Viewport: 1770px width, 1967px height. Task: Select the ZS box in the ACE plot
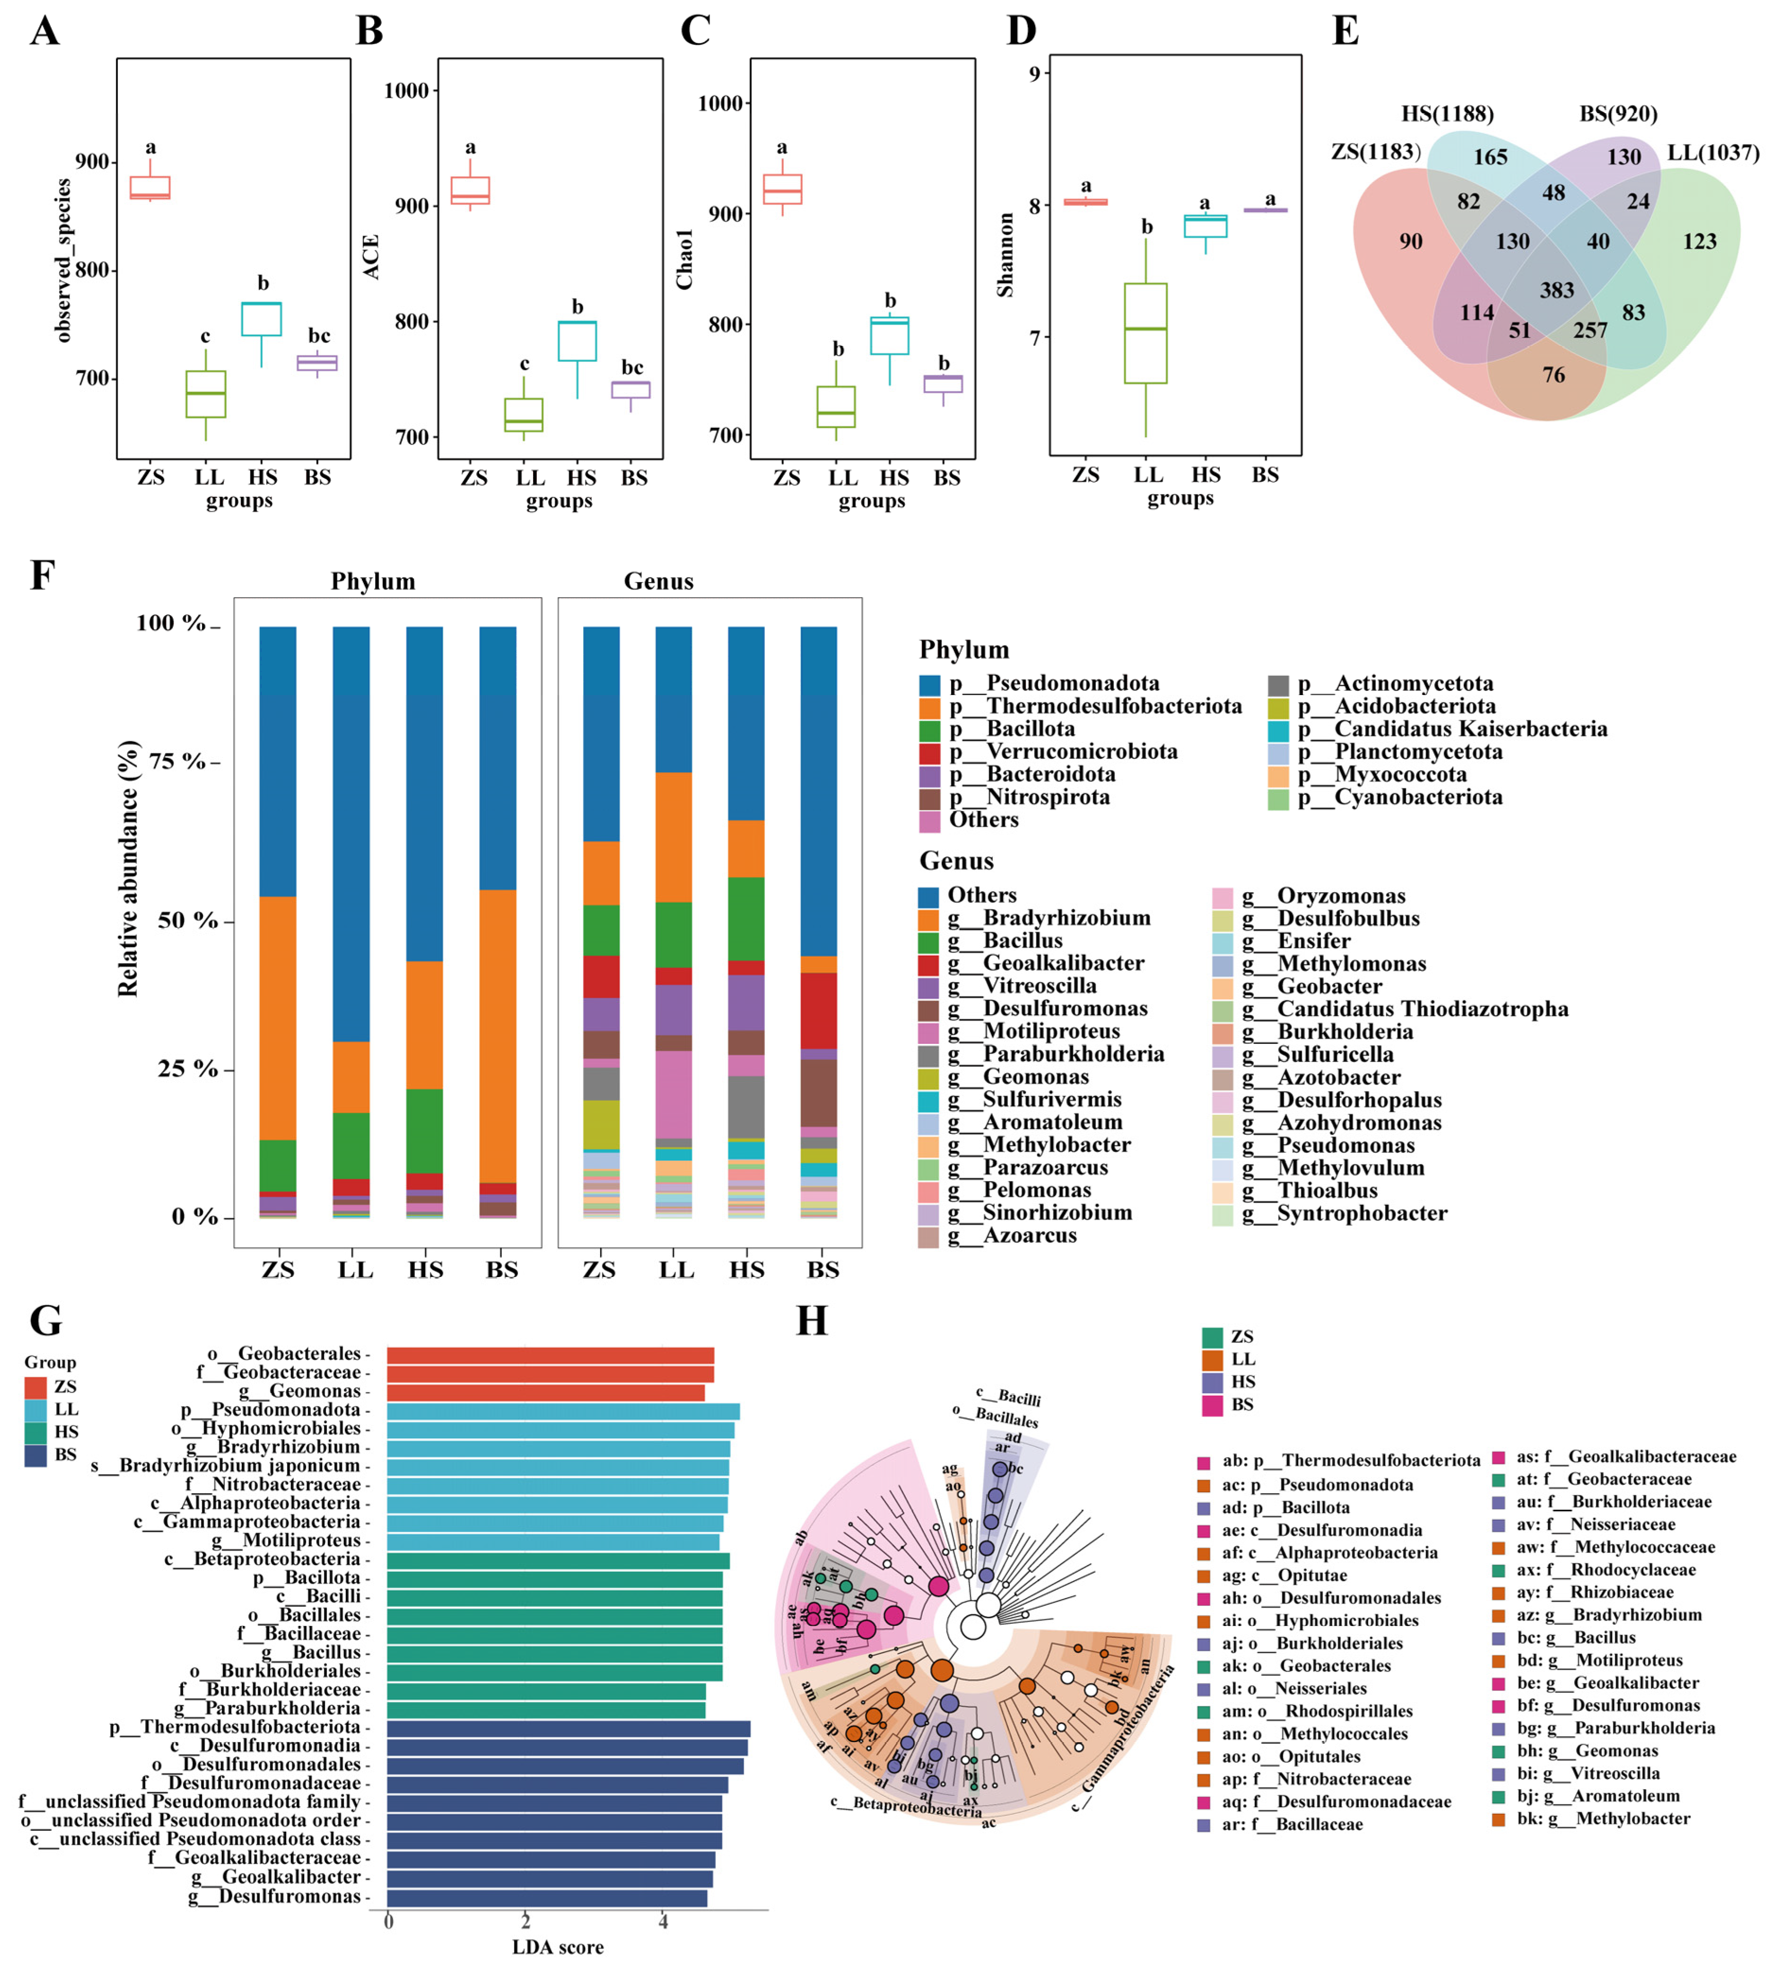(470, 191)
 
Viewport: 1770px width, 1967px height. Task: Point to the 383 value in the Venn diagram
(1556, 290)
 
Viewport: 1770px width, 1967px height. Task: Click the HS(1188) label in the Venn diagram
(1447, 114)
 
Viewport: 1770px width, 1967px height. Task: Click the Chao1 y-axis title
(684, 260)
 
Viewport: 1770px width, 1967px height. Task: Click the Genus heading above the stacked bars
(658, 582)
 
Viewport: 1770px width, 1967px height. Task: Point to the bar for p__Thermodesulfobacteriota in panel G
(568, 1728)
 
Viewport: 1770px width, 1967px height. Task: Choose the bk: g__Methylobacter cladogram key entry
(1604, 1818)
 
